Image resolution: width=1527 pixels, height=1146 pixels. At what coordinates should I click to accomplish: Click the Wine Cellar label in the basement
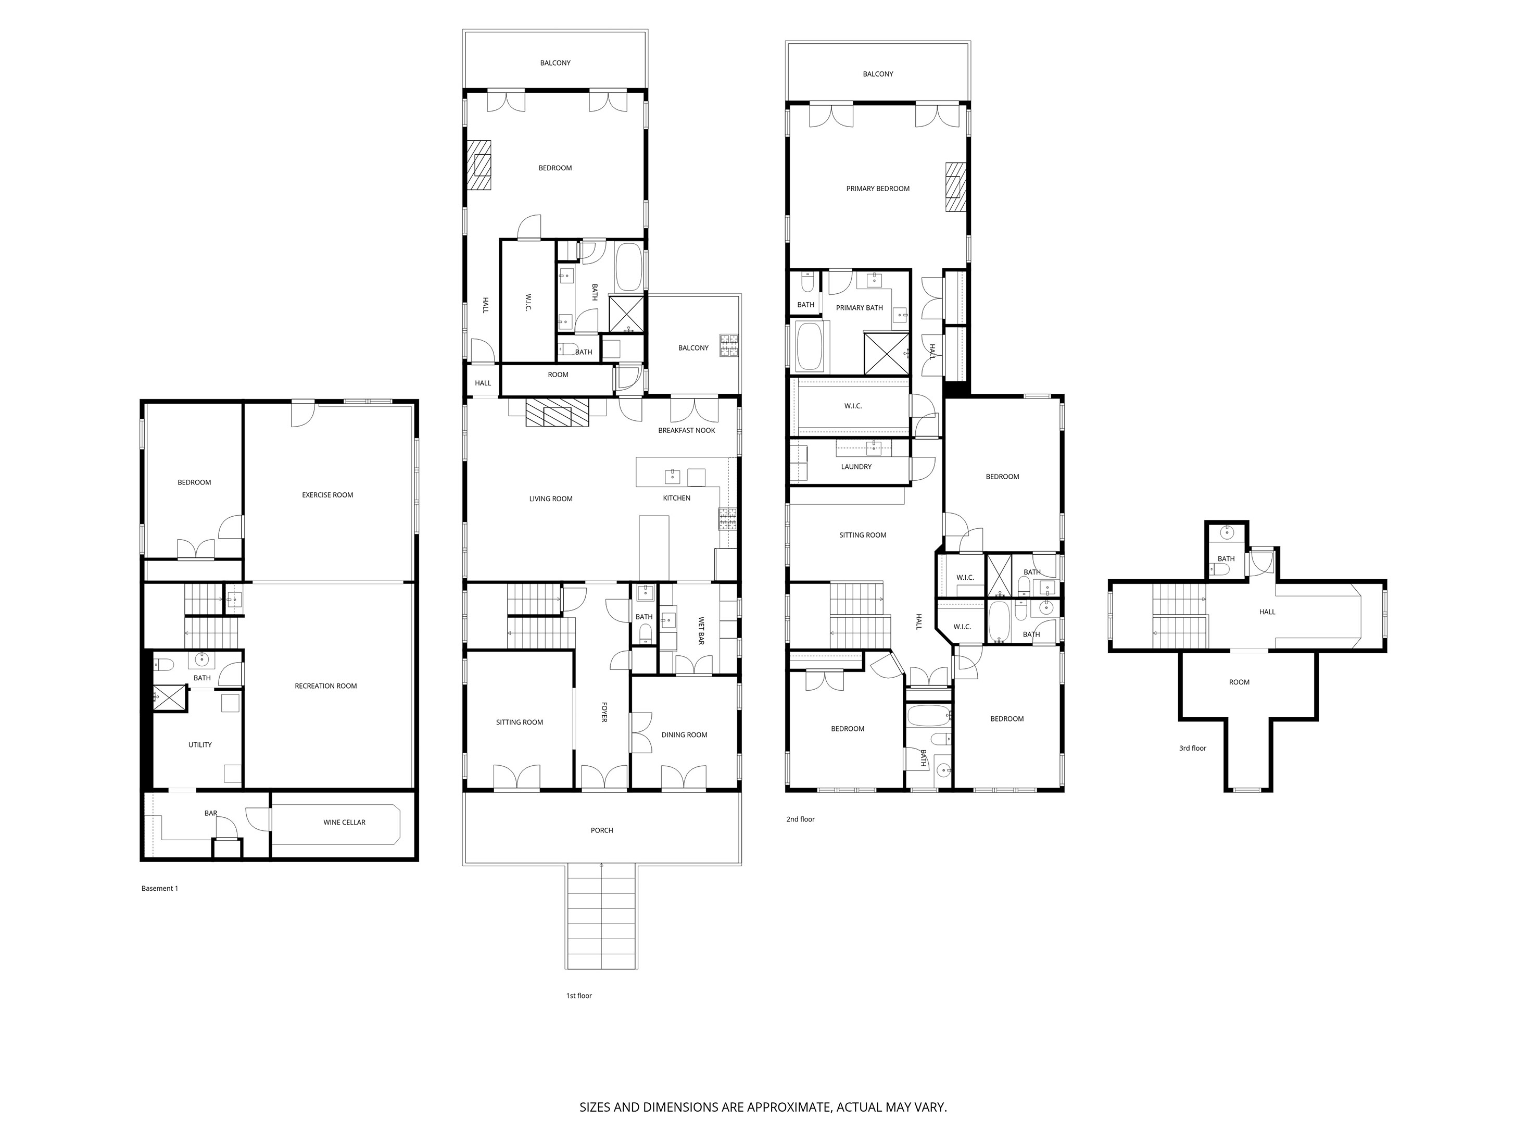coord(345,823)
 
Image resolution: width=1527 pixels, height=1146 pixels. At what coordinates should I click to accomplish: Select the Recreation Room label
coord(326,687)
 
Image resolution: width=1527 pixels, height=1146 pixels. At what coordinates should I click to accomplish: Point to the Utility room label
coord(200,745)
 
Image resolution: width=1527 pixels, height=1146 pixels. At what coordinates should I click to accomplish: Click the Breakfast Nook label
coord(686,431)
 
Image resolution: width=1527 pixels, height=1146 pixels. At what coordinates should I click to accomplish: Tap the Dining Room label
coord(684,736)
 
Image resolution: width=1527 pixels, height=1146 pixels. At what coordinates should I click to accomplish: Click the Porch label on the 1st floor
coord(602,831)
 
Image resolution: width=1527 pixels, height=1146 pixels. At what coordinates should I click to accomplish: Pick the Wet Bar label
coord(701,631)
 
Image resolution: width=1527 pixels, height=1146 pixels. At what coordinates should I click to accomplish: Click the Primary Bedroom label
coord(878,189)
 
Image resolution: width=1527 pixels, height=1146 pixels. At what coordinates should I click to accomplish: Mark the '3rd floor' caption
coord(1193,749)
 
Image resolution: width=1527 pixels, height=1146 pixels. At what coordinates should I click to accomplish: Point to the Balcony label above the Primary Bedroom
coord(878,74)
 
